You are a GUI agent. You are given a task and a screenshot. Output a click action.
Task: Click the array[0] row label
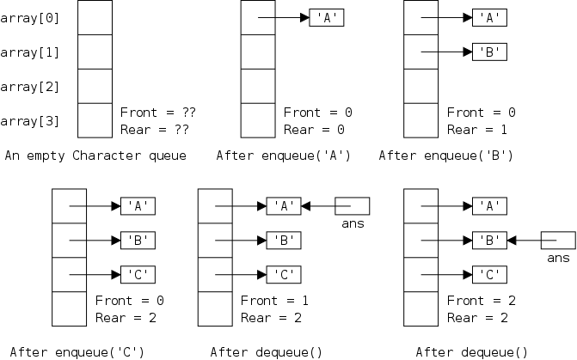[x=30, y=17]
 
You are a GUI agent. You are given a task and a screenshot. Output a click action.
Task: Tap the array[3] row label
[x=30, y=121]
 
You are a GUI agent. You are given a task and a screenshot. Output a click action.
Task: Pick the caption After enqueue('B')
[x=445, y=156]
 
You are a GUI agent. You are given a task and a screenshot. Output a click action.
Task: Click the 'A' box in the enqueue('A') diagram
[x=327, y=17]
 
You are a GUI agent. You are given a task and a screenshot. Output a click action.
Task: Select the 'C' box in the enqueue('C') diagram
[x=138, y=275]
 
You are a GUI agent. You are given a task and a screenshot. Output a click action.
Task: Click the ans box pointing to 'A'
[x=353, y=206]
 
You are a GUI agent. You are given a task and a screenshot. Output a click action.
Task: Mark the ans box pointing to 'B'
[x=559, y=241]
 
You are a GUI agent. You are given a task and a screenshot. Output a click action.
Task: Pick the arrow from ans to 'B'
[x=524, y=241]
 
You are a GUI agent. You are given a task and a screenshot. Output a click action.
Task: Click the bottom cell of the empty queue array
[x=95, y=120]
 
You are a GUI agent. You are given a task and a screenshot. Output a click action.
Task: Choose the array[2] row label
[x=30, y=87]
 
